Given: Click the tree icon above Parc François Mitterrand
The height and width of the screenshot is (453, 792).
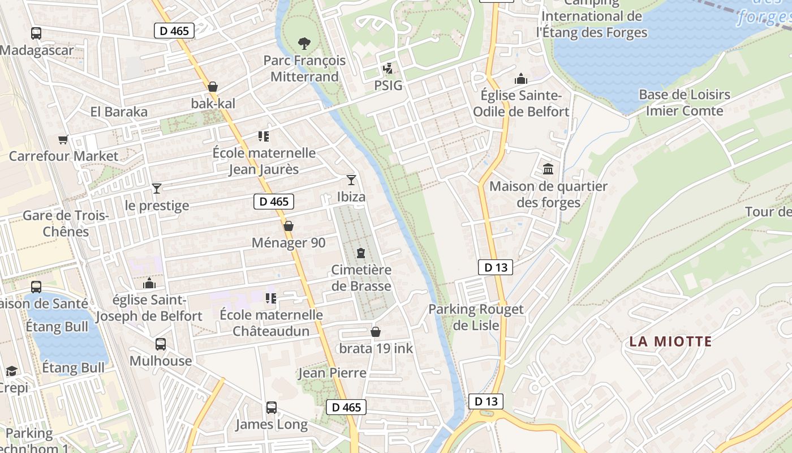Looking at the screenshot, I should pos(304,43).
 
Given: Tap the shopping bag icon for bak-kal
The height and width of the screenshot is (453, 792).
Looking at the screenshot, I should pos(213,87).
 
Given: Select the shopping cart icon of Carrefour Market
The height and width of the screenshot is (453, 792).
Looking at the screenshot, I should pos(63,139).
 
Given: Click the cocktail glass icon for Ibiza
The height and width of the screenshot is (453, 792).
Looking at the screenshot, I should pos(351,180).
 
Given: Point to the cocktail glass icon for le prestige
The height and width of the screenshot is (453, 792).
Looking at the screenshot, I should pos(157,188).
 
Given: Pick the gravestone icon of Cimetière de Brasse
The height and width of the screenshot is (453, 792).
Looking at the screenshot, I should pos(361,253).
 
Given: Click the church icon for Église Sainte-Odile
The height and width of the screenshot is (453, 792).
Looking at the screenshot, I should pos(521,79).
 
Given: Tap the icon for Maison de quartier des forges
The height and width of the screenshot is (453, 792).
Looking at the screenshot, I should pos(548,169).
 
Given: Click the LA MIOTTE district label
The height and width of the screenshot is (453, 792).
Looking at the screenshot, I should pos(670,341).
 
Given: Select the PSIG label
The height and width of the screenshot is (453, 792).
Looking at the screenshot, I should pos(388,86).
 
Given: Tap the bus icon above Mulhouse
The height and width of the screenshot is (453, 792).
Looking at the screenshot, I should pos(161,344).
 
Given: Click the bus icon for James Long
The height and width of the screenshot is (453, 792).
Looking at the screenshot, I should pos(272,407).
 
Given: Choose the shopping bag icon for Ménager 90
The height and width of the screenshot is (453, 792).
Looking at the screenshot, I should pos(289,226).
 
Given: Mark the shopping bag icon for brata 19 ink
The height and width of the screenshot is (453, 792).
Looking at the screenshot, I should pos(376,332).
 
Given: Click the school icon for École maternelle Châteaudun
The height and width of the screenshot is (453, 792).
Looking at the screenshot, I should pos(271,298).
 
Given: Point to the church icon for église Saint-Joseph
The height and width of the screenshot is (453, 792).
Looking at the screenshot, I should pos(149,283).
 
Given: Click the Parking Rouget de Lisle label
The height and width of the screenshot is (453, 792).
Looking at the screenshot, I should pos(476,317).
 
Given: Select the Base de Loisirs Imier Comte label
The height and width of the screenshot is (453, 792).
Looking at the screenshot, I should pos(685,102).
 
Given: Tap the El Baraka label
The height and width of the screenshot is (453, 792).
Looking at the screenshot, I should pos(119,112).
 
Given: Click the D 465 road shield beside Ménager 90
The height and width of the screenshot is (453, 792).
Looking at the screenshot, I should pos(274,202).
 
